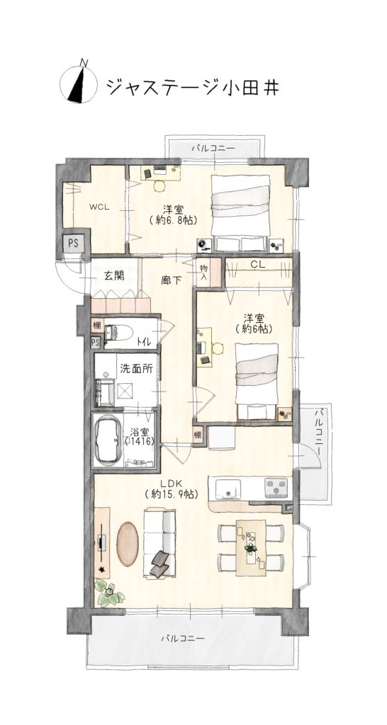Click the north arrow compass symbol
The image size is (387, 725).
click(x=78, y=84)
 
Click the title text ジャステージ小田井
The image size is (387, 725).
click(x=193, y=86)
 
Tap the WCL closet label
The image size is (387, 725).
click(x=99, y=207)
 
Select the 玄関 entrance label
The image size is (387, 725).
click(x=113, y=276)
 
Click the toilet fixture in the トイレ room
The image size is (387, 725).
click(x=119, y=333)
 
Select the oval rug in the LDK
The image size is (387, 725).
click(x=128, y=543)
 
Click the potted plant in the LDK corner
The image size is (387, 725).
click(x=109, y=593)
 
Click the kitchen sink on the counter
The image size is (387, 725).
click(x=228, y=488)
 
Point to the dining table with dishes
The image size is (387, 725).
click(x=251, y=547)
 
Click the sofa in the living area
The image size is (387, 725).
click(x=159, y=543)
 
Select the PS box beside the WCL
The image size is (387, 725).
click(x=73, y=242)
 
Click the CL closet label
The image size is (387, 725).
click(x=257, y=264)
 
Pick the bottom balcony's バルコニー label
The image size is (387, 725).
click(x=183, y=639)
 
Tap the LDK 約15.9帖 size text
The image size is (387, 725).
click(x=172, y=493)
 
